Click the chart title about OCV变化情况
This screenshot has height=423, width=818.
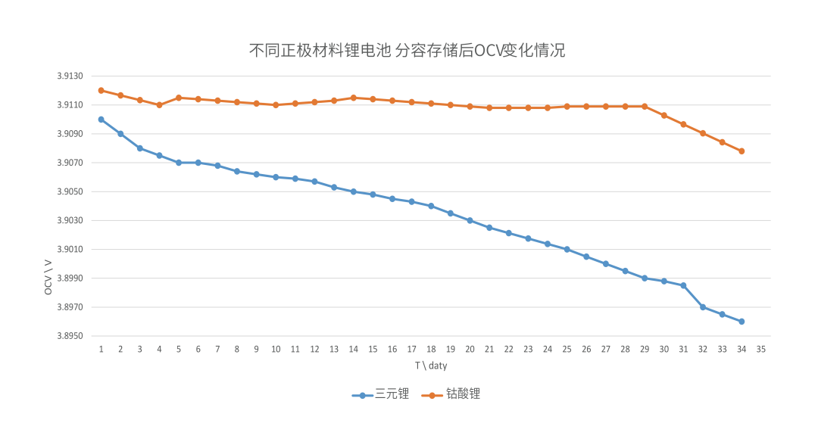coord(407,51)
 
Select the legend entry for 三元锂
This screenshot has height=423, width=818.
coord(380,394)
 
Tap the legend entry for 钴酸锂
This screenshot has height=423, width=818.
coord(451,394)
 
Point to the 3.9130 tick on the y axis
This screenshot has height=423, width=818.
coord(70,76)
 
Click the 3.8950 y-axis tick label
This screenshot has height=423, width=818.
coord(70,336)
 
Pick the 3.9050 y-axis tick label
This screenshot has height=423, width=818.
coord(70,191)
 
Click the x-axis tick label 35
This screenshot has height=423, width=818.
coord(761,349)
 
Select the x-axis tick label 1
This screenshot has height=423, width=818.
coord(101,349)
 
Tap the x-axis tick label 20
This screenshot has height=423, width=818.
coord(470,349)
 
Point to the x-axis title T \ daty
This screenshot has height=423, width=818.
coord(431,365)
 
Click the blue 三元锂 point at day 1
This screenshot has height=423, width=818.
coord(101,120)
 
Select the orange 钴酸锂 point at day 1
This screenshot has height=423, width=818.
coord(101,91)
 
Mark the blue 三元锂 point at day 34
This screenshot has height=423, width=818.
coord(742,322)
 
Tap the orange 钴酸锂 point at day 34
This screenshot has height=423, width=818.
coord(742,151)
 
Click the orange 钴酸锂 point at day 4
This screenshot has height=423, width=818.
coord(160,104)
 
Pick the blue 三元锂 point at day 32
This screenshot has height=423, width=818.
coord(703,307)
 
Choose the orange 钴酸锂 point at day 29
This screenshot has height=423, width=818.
coord(645,106)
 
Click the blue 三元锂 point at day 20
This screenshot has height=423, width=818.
coord(470,220)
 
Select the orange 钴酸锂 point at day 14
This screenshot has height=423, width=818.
coord(354,98)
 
